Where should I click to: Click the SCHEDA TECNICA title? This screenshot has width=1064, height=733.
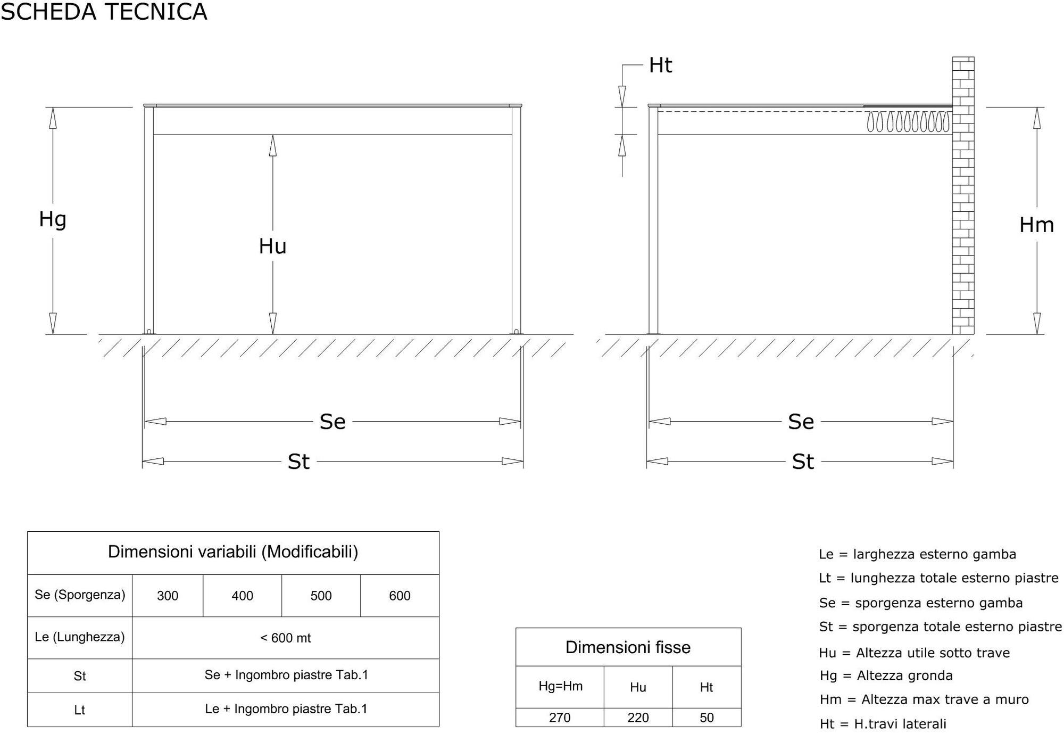pos(104,12)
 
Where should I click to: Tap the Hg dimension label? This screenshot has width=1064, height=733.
pos(53,220)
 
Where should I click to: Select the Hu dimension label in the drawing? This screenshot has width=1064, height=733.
pos(272,246)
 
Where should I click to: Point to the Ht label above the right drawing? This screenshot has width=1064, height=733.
pos(661,65)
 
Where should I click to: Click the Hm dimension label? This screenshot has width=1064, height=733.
pos(1036,225)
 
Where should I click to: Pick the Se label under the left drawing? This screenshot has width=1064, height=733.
pos(332,422)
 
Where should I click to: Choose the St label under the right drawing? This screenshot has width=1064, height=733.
pos(803,462)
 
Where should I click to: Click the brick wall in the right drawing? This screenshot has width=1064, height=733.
pos(963,195)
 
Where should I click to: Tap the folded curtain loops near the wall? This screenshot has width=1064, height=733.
pos(908,122)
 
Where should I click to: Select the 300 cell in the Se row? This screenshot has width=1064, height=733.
pos(168,596)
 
